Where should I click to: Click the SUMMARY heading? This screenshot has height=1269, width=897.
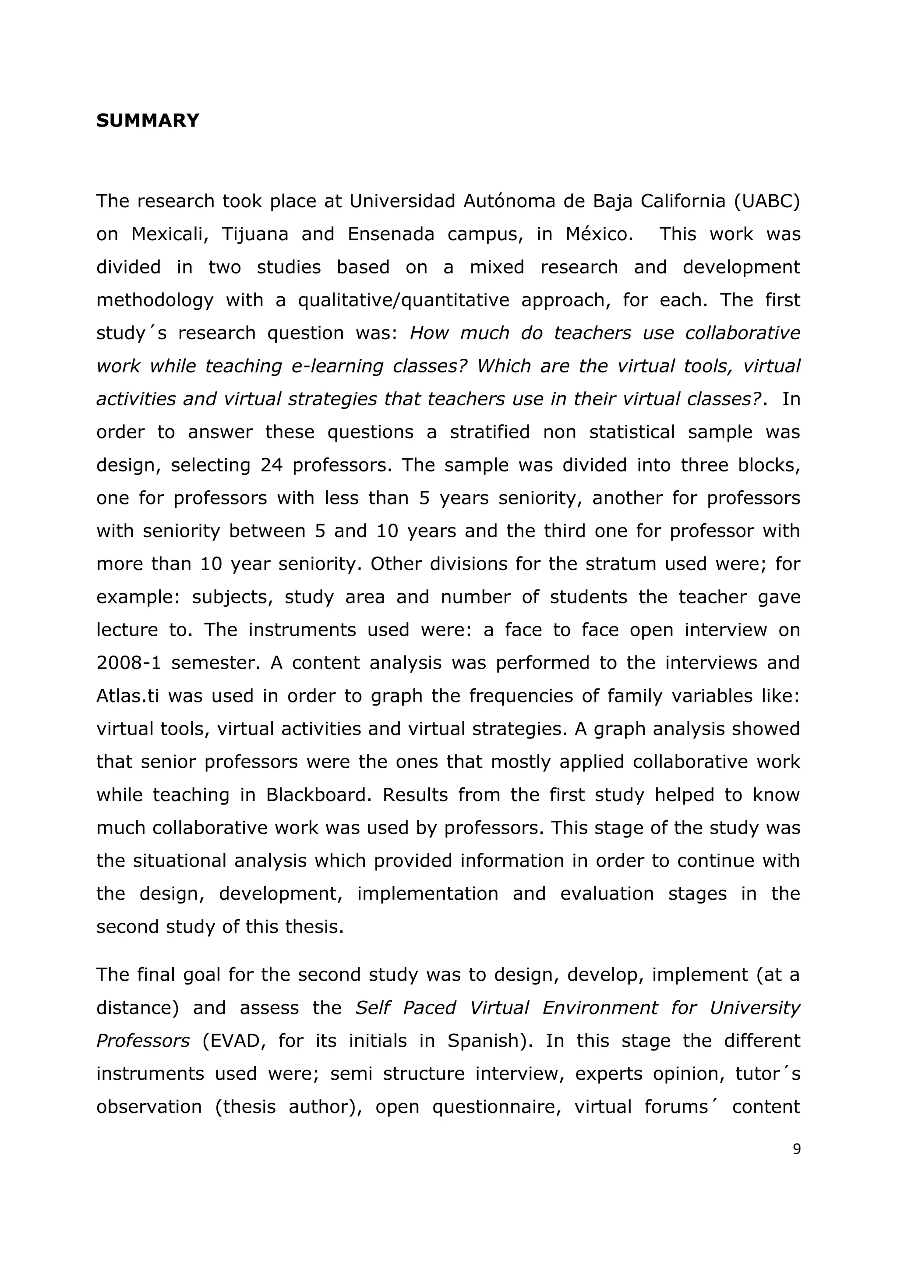point(148,121)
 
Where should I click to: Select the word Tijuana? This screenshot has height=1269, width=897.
point(254,234)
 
